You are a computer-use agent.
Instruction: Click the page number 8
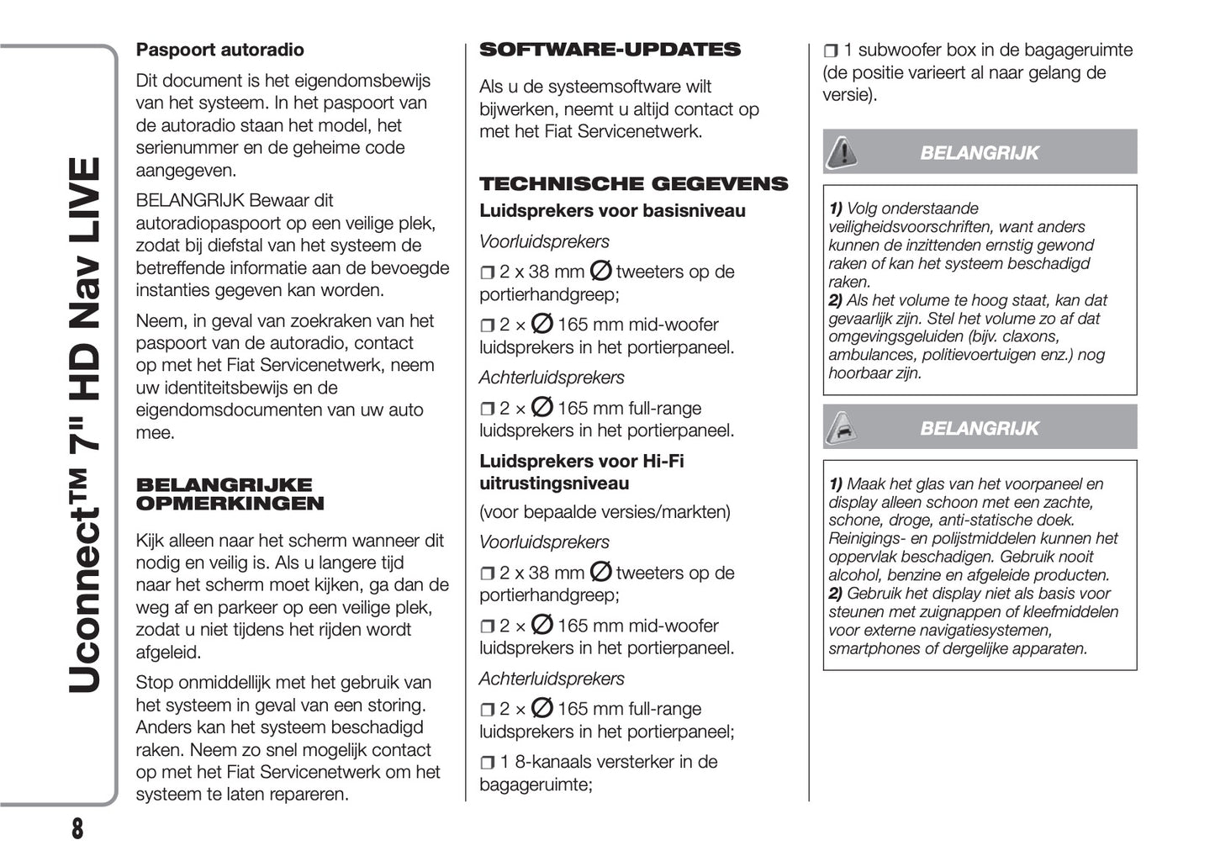pos(77,828)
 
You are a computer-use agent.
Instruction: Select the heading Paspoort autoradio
pos(219,50)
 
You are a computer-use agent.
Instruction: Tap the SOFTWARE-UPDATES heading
pos(610,50)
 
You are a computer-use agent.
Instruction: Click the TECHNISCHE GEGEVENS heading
pos(633,183)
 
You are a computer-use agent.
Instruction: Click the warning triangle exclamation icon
pos(841,152)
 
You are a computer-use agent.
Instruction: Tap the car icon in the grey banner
pos(841,428)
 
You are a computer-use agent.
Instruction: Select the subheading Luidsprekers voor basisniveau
pos(612,211)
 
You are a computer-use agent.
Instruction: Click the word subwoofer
pos(898,50)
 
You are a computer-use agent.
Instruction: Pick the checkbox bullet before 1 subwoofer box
pos(830,51)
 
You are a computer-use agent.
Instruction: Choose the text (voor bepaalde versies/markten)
pos(605,511)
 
